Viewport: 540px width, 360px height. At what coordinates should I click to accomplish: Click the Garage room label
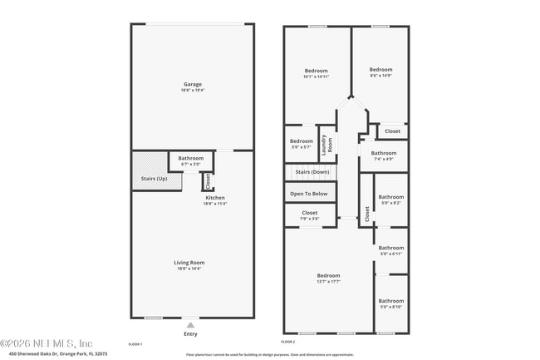click(193, 84)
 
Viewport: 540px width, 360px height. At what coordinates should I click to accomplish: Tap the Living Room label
click(189, 263)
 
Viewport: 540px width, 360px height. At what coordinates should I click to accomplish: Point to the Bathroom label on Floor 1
click(191, 158)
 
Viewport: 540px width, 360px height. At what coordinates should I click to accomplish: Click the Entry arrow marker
click(190, 325)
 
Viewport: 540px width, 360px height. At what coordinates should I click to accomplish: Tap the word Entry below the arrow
click(190, 334)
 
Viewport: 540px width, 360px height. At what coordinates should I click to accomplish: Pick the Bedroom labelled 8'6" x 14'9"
click(380, 70)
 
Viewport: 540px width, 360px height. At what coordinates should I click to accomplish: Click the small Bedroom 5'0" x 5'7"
click(302, 141)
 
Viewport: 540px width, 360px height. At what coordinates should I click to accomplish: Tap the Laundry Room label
click(326, 144)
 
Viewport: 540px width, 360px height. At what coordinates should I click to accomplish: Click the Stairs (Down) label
click(312, 172)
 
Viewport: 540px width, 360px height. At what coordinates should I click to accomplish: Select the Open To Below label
click(309, 194)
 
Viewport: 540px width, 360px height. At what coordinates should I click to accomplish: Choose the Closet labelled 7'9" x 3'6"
click(309, 213)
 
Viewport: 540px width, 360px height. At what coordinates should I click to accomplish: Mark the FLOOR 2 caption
click(288, 342)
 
